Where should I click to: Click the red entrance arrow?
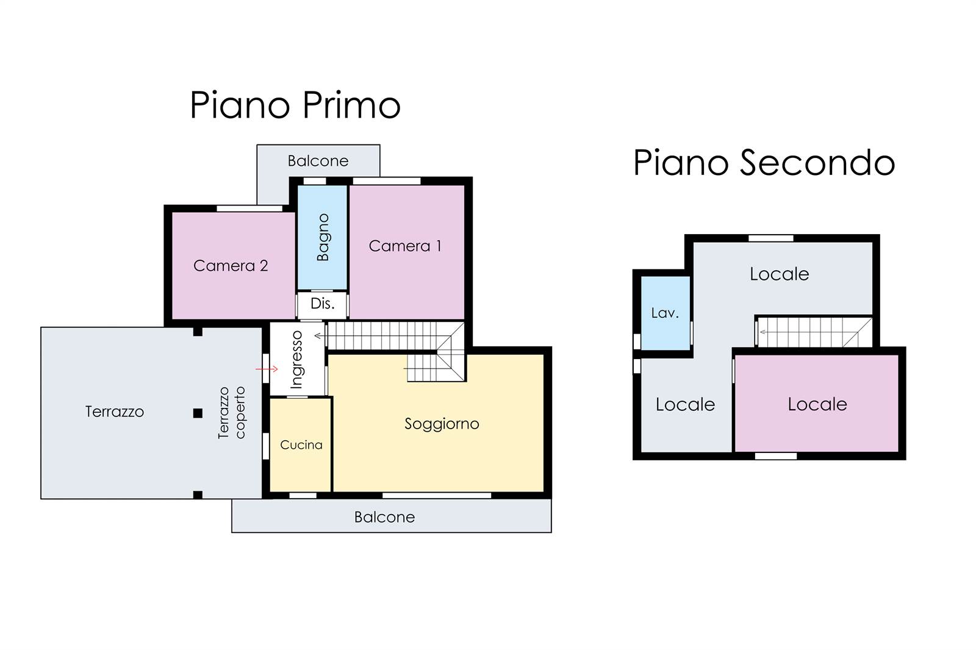267,370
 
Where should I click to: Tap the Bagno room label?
323,237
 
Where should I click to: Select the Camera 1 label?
405,246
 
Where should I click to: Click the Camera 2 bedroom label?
231,266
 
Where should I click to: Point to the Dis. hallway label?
323,303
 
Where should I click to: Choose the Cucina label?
301,445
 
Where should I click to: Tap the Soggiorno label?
442,424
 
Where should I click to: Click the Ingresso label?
296,359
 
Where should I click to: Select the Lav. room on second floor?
665,313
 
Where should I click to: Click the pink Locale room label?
817,404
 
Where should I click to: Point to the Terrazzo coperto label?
232,413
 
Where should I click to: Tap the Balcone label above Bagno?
318,161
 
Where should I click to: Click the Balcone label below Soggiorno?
384,517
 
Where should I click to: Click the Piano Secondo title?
764,162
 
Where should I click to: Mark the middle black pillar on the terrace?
198,413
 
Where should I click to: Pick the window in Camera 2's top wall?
249,209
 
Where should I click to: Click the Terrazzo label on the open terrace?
115,412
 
